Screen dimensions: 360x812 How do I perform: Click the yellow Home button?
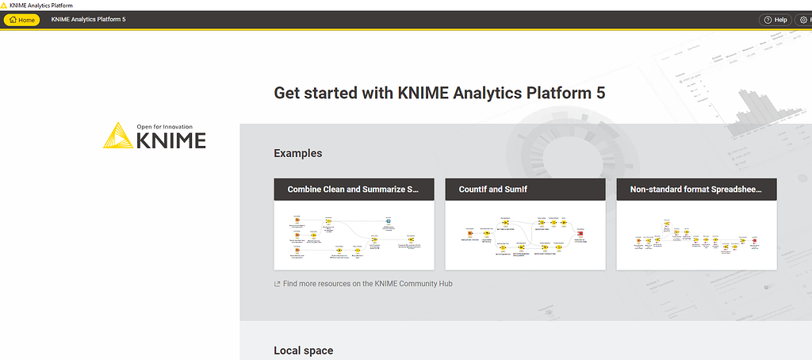[21, 19]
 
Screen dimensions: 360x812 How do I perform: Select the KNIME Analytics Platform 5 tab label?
[88, 19]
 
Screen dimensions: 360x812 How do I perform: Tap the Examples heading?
[298, 153]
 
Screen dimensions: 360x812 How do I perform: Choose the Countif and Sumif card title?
[492, 190]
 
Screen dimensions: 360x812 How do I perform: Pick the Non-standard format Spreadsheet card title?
[695, 190]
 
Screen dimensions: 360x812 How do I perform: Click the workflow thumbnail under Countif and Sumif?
[525, 235]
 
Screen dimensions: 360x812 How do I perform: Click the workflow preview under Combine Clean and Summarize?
[354, 235]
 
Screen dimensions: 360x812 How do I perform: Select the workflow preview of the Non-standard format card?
[696, 235]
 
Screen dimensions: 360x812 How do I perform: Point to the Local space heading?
[304, 350]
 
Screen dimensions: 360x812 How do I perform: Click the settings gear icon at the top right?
[803, 19]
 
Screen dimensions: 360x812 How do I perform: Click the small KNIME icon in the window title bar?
[5, 5]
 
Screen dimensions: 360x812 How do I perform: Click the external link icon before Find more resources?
[277, 284]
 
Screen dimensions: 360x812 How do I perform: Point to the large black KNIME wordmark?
[170, 141]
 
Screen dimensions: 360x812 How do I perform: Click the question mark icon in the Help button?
[767, 19]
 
